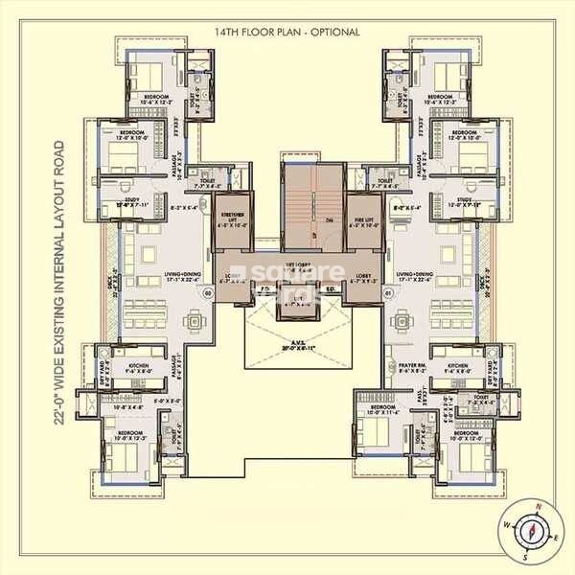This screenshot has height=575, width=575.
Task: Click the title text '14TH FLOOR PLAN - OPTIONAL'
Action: click(287, 32)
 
